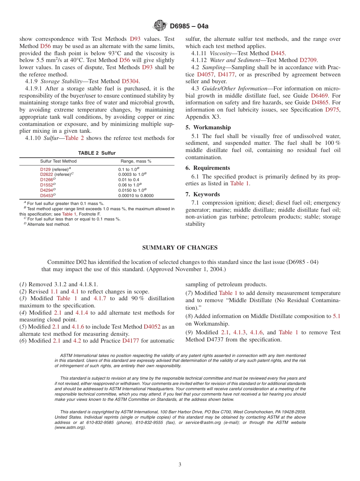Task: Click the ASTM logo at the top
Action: tap(160, 26)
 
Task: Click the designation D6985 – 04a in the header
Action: tap(189, 26)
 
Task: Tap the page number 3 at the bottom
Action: tap(180, 464)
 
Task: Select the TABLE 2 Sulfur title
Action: tap(97, 153)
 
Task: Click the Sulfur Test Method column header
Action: tap(58, 161)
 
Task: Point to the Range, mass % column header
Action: tap(136, 161)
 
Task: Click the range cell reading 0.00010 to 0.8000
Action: tap(136, 196)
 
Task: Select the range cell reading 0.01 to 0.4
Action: tap(128, 180)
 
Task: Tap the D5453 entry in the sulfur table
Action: tap(47, 196)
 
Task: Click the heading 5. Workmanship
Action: tap(208, 127)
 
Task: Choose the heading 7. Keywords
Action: tap(202, 194)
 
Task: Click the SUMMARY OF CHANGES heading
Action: tap(180, 248)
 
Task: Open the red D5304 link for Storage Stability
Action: tap(130, 81)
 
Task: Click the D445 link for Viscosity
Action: tap(278, 53)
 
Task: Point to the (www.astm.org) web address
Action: tap(70, 428)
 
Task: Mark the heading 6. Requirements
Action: tap(208, 168)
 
